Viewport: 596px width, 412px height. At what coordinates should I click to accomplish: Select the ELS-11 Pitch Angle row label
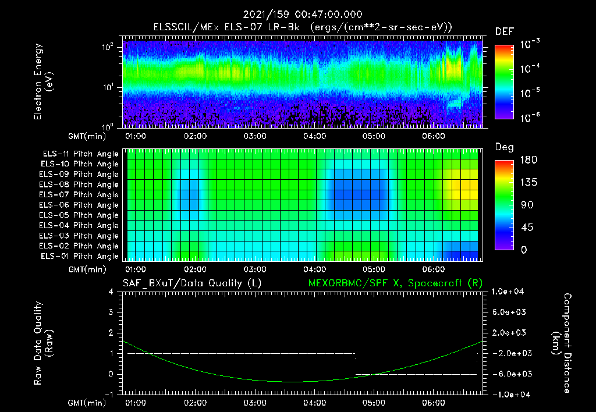[x=79, y=154]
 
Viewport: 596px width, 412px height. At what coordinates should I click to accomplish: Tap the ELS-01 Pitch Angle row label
[x=79, y=256]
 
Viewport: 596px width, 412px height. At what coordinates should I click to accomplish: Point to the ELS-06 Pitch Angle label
[x=79, y=205]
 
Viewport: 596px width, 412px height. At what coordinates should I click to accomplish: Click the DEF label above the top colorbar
[x=504, y=31]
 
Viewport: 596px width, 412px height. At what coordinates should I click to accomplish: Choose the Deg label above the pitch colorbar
[x=504, y=147]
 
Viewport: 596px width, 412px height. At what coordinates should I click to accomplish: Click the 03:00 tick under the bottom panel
[x=255, y=403]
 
